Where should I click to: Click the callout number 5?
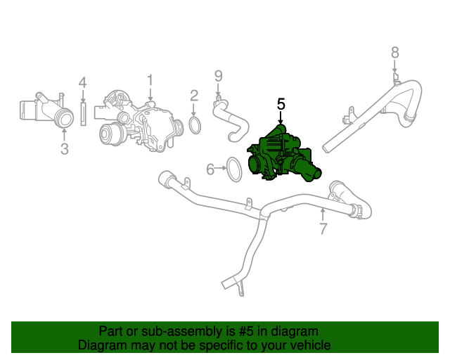coord(281,104)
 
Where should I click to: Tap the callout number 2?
coord(194,95)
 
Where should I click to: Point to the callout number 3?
coord(64,148)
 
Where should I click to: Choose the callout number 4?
coord(82,83)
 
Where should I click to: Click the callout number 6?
coord(210,169)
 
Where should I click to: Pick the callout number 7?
coord(323,229)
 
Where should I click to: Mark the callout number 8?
coord(394,52)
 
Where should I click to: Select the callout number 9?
coord(218,76)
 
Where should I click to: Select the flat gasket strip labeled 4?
coord(83,113)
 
